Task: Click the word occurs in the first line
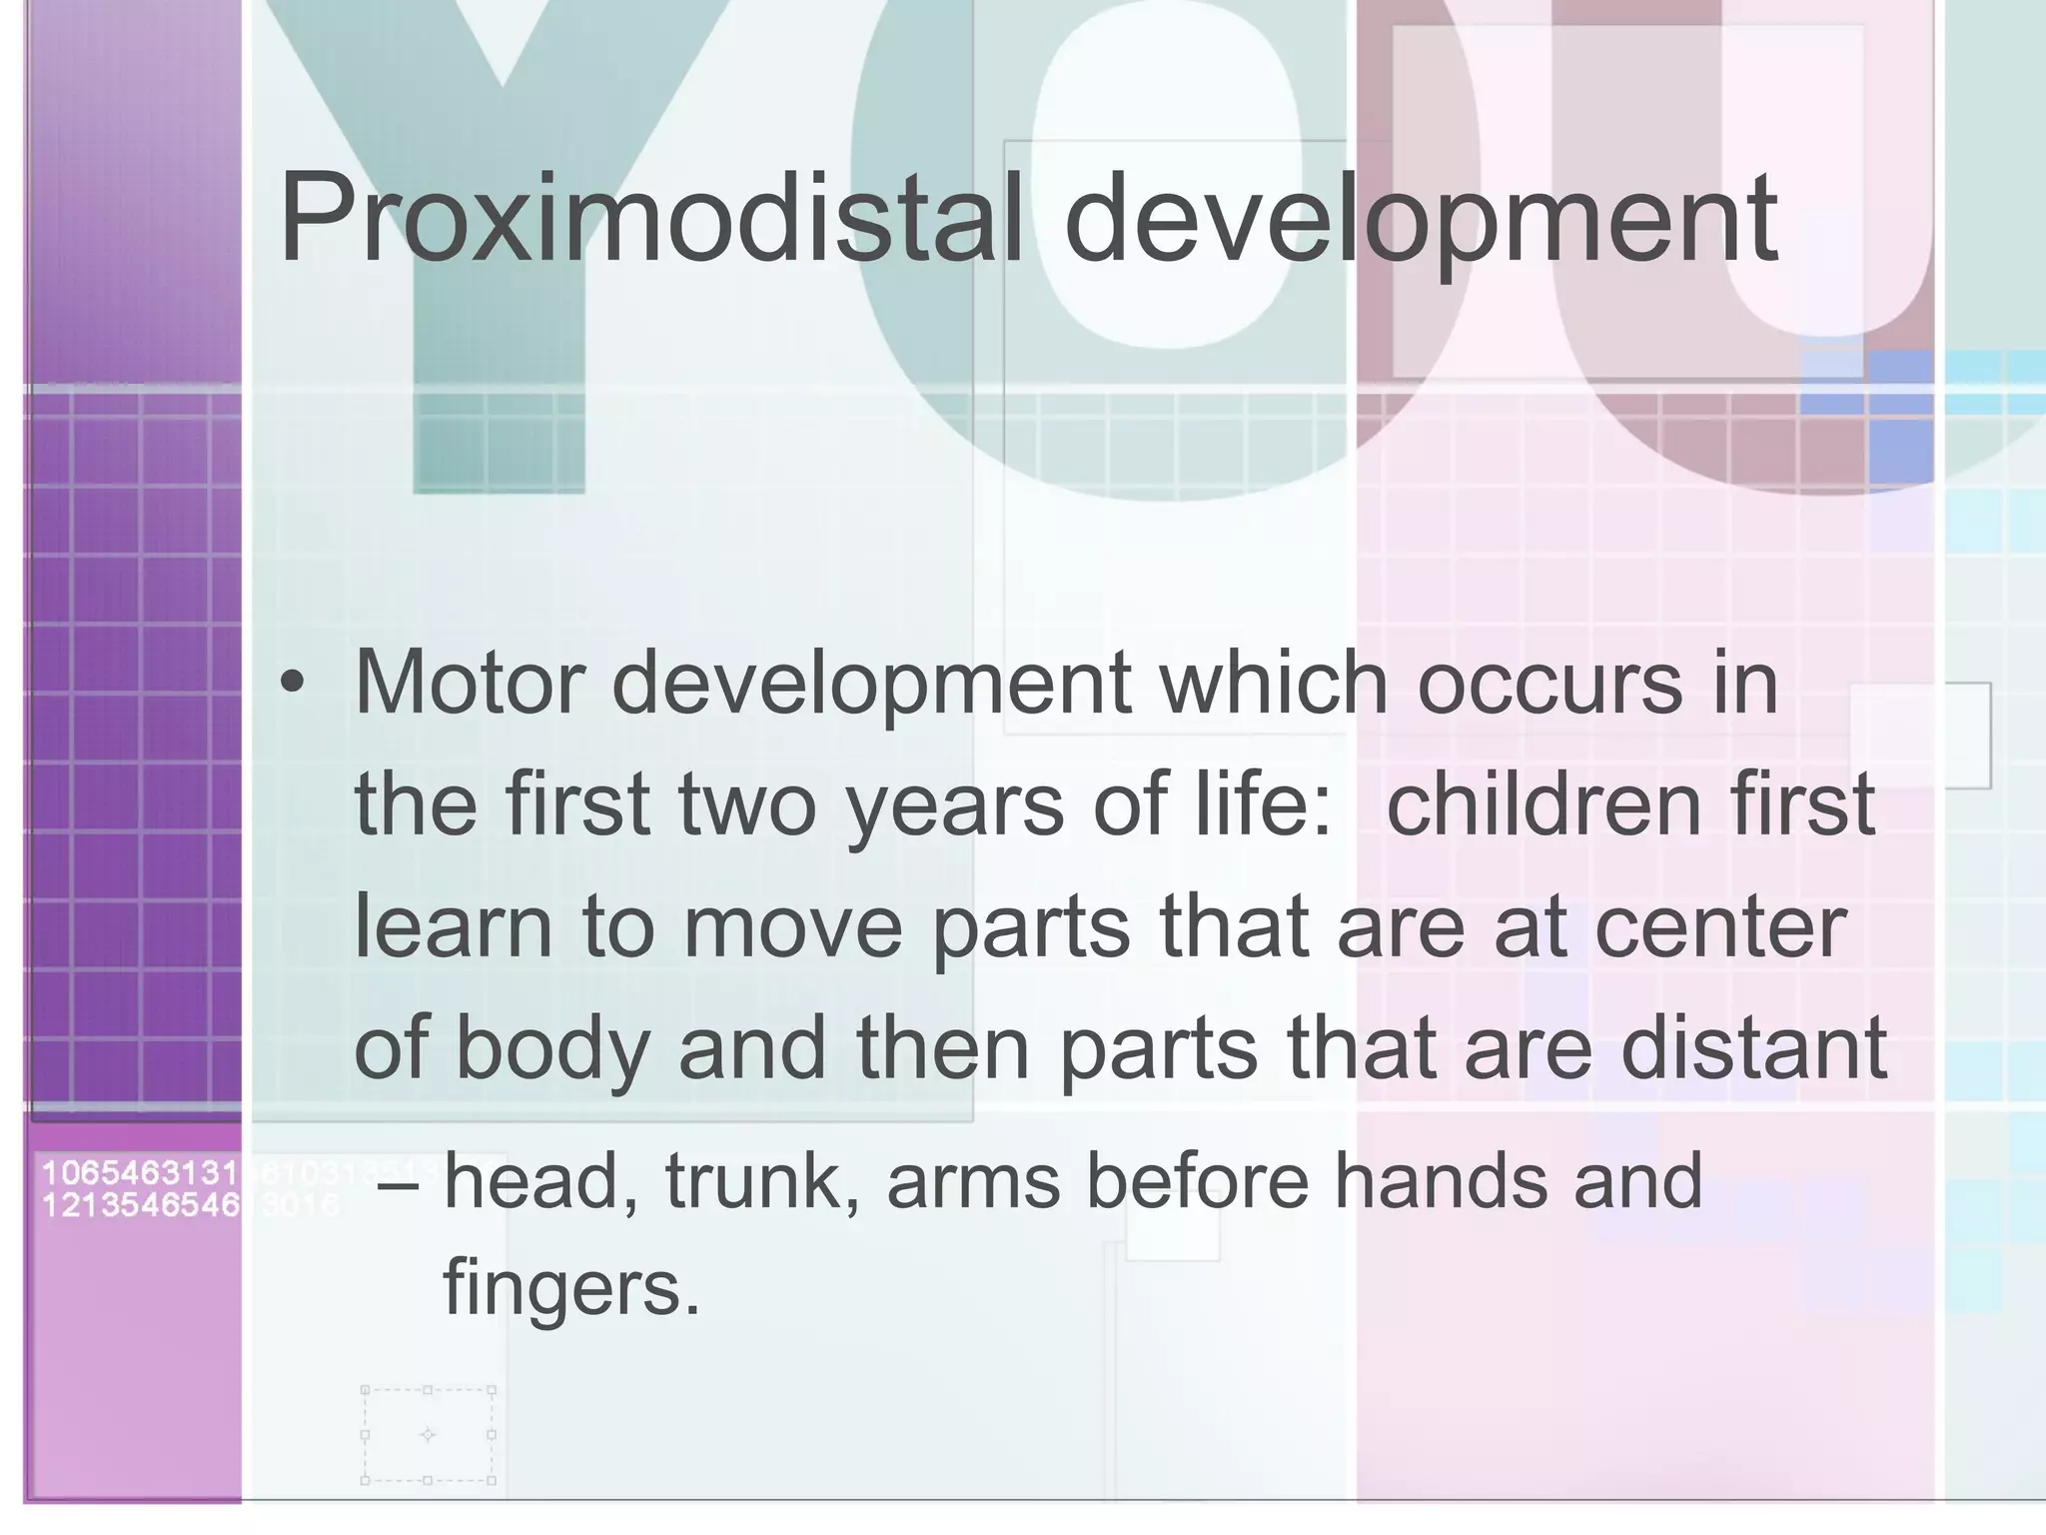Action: coord(1549,684)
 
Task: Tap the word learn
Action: coord(453,926)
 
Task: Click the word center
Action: coord(1719,926)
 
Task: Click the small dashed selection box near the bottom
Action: coord(428,1436)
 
